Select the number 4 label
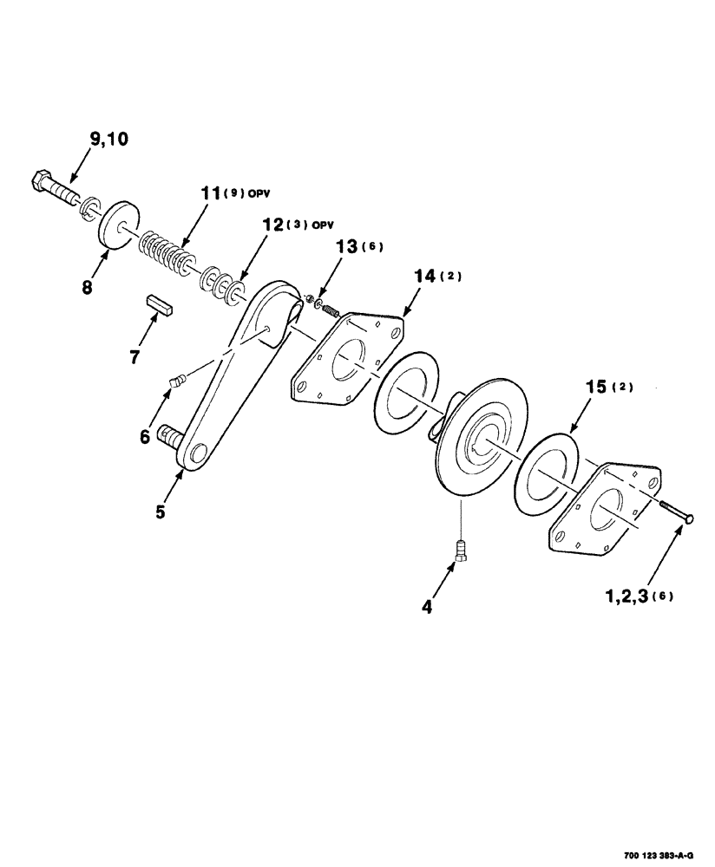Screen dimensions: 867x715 click(427, 607)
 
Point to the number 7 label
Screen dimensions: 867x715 click(135, 355)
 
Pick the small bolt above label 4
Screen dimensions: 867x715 click(461, 549)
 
